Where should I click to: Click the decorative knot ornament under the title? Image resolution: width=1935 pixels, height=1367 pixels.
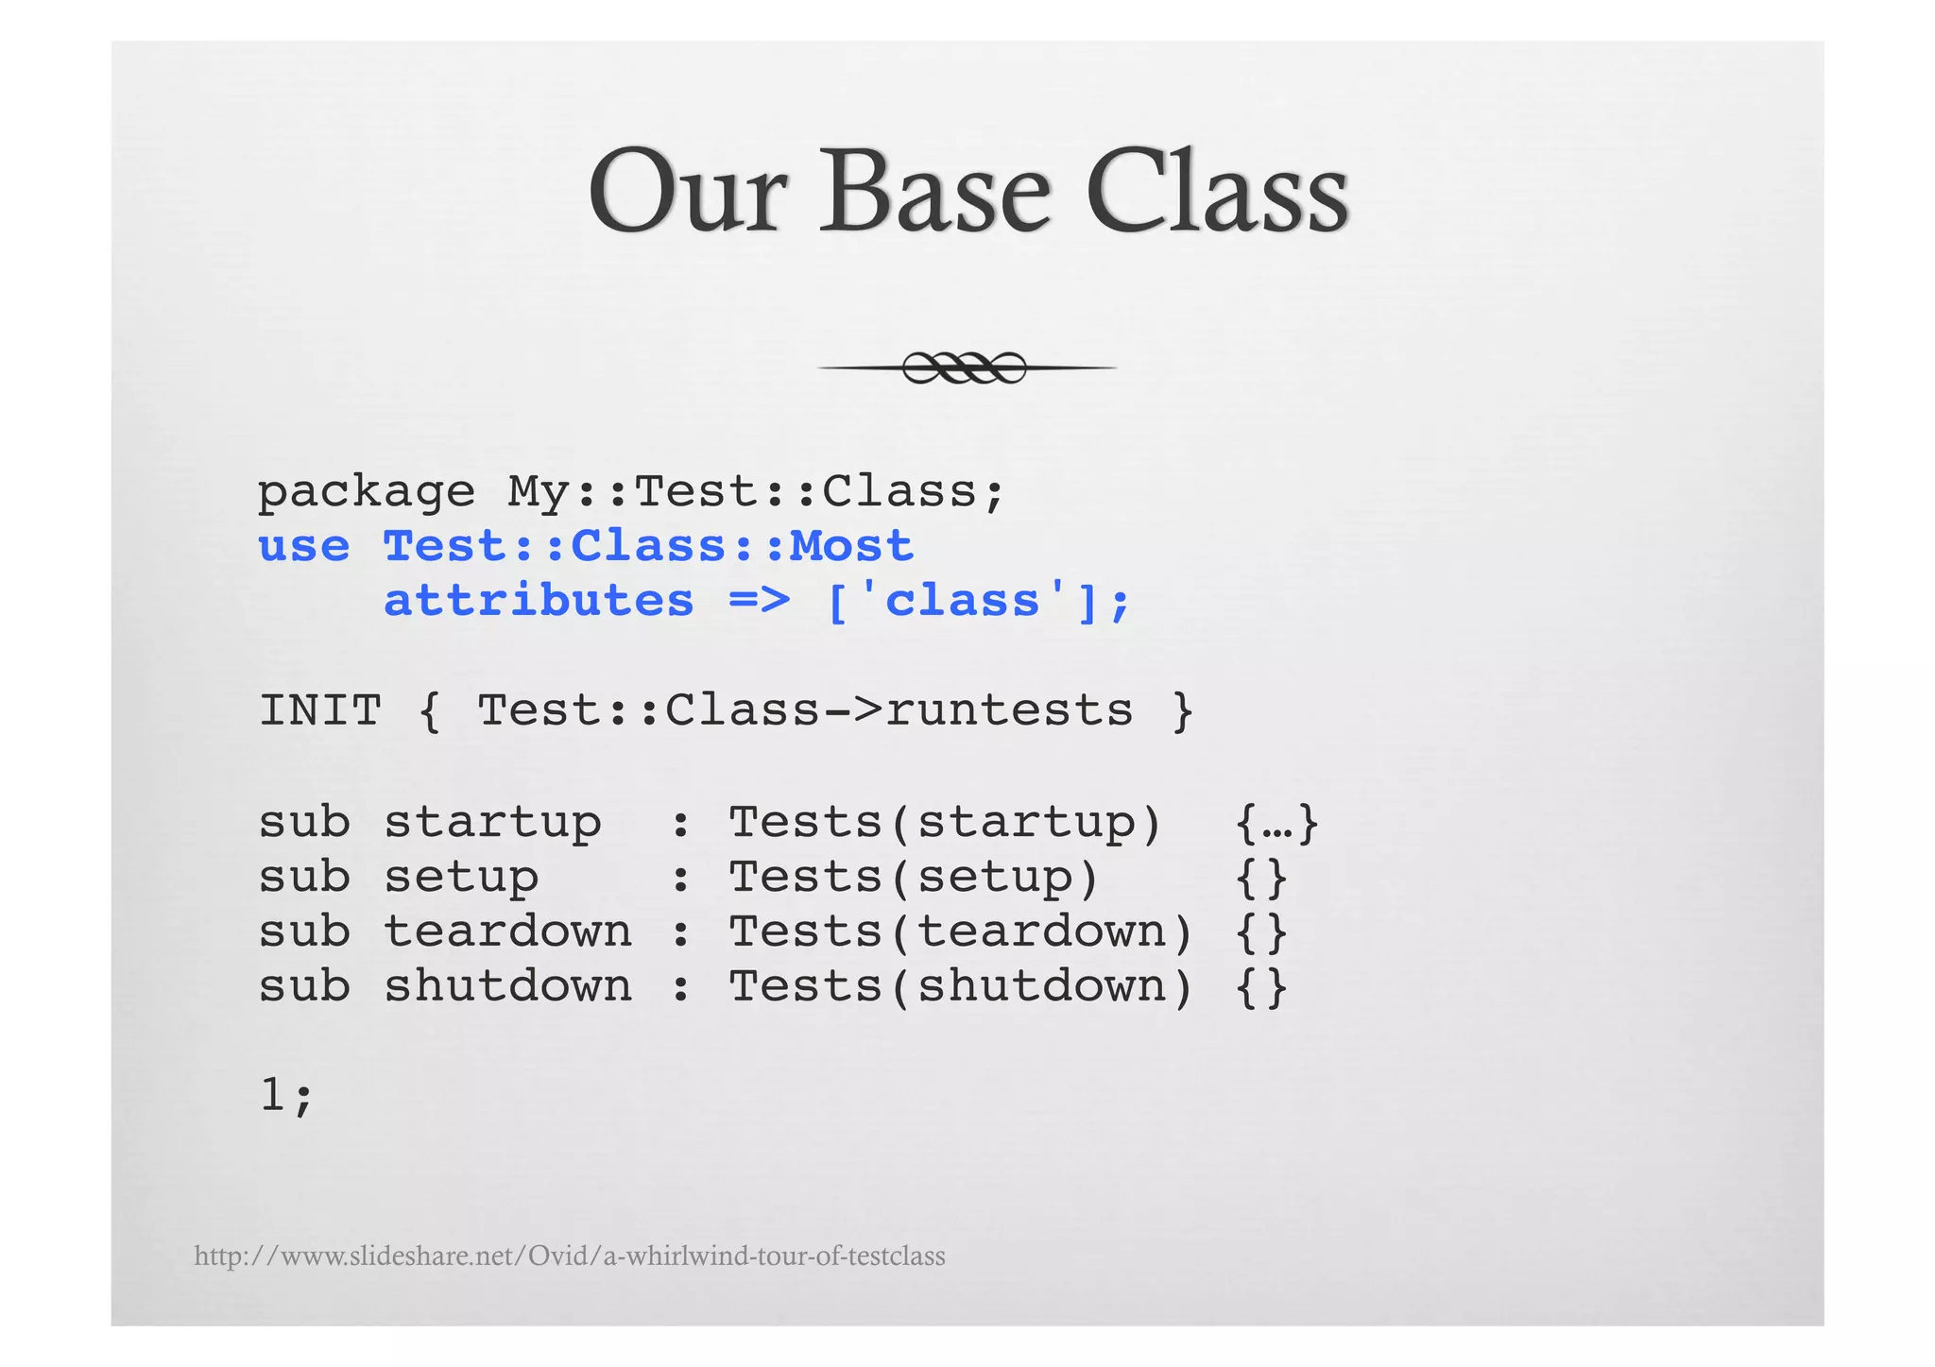point(965,367)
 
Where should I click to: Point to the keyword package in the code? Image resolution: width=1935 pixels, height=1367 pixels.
point(366,492)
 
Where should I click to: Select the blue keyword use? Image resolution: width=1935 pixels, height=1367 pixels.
point(303,547)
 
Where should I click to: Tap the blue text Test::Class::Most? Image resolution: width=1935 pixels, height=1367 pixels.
point(648,547)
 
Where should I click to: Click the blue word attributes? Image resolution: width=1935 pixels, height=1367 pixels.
point(539,602)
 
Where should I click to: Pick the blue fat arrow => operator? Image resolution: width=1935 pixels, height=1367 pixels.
point(759,602)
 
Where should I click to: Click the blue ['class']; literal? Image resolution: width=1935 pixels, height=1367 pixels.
point(978,602)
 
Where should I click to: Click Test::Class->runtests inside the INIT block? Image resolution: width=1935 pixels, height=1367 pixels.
point(804,711)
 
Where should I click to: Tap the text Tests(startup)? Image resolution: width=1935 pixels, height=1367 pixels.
point(945,823)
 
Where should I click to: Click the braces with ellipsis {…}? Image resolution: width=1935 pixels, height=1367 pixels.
point(1276,823)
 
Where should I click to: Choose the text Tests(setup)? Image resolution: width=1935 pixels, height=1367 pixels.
point(914,878)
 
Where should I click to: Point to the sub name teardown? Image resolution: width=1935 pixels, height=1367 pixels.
point(507,932)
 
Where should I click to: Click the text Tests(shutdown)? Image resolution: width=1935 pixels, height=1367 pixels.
point(961,987)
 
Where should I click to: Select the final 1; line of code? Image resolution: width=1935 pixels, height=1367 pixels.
point(285,1097)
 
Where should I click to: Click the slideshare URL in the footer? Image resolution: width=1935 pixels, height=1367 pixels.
point(569,1256)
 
